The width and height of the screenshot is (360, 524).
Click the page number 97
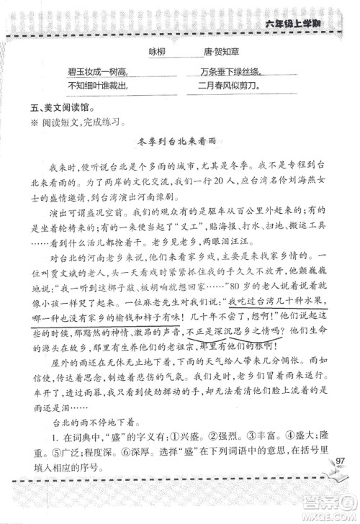tap(340, 461)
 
